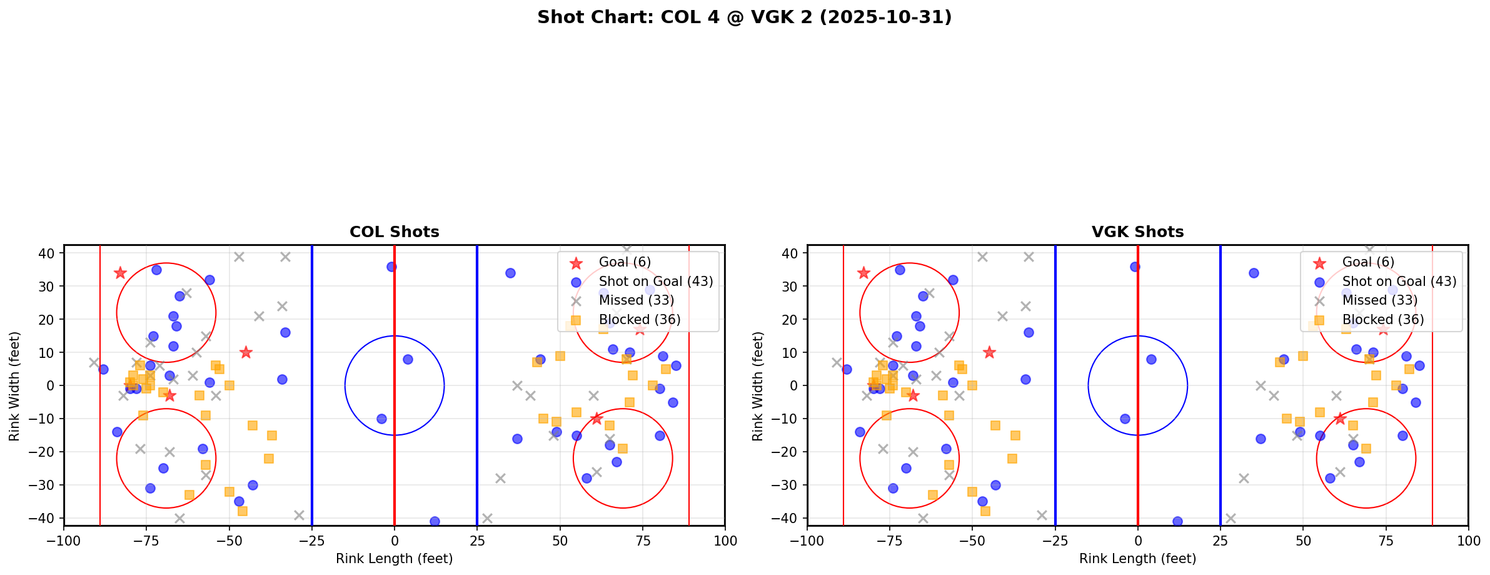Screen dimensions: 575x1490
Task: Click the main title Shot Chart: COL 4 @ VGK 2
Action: (744, 17)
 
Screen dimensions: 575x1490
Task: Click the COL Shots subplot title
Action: (394, 232)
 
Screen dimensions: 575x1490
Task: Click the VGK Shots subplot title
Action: (1137, 232)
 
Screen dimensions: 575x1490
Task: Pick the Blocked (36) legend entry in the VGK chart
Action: (1383, 320)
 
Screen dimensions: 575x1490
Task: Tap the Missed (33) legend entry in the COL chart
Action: (636, 300)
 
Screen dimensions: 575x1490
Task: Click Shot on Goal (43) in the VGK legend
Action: (1399, 282)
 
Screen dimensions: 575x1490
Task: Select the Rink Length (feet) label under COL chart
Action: (394, 559)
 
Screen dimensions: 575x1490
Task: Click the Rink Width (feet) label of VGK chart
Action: (758, 386)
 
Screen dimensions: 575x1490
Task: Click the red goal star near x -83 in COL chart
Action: (120, 273)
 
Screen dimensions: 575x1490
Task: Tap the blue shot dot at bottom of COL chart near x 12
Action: (435, 521)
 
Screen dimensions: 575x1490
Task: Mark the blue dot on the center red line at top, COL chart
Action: (391, 267)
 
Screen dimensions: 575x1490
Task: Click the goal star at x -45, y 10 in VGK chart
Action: (989, 352)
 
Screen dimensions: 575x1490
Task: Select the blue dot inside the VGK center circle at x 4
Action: (1151, 359)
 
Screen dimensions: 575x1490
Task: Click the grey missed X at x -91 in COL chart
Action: (94, 362)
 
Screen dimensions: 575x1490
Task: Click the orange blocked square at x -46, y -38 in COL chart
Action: (243, 511)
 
